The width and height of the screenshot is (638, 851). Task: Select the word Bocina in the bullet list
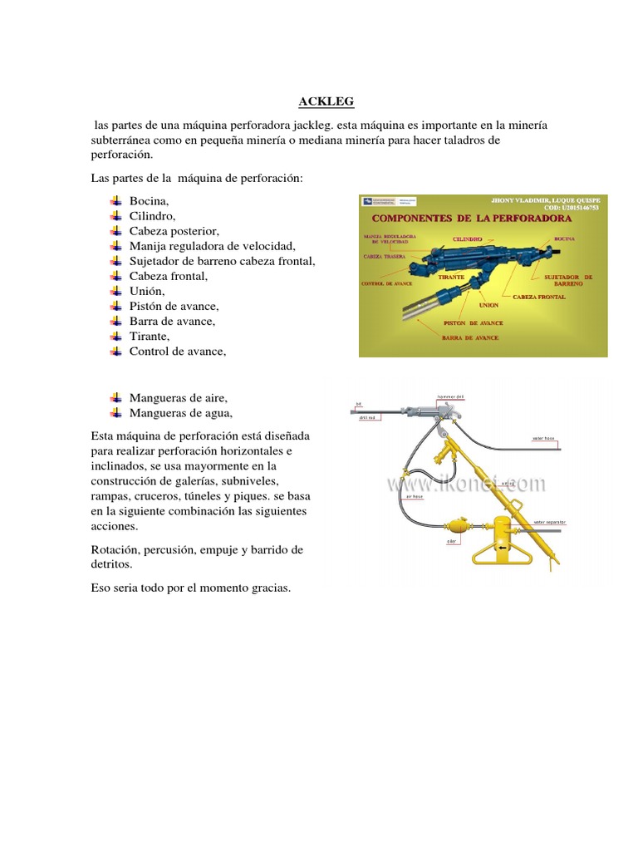tap(149, 201)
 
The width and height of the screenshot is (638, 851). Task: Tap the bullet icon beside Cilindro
tap(115, 216)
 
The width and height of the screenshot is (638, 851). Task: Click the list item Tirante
tap(150, 336)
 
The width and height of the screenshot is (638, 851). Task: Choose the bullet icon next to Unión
tap(115, 291)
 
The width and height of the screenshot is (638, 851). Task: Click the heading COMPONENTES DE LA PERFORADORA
tap(471, 218)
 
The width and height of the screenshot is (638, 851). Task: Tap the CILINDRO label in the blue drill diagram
tap(468, 238)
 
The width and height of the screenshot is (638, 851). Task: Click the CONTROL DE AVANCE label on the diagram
tap(386, 283)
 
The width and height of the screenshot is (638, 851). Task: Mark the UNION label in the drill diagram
tap(488, 305)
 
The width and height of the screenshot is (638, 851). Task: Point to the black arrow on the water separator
tap(501, 548)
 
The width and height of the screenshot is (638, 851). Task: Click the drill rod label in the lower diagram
tap(369, 418)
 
